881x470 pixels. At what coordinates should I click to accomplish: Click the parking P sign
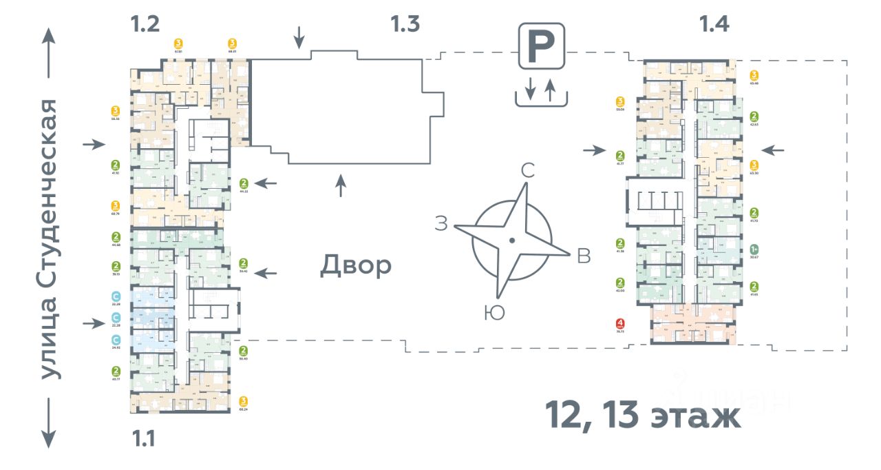[x=542, y=46]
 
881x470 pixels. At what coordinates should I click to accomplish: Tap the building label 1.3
[x=405, y=24]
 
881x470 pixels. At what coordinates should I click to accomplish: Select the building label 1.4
[x=714, y=24]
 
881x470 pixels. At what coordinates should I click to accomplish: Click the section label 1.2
[x=145, y=24]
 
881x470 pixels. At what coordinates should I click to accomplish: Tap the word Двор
[x=355, y=265]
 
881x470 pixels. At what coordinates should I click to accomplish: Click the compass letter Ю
[x=494, y=314]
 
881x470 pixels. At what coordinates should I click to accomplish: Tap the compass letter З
[x=441, y=223]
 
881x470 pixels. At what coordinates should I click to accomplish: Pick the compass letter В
[x=584, y=256]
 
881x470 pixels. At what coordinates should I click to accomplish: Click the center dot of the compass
[x=511, y=241]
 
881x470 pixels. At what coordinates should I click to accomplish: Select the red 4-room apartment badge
[x=621, y=323]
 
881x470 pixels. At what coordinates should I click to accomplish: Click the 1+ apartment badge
[x=754, y=249]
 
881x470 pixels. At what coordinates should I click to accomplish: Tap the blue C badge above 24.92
[x=116, y=339]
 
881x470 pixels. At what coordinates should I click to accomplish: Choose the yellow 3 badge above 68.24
[x=243, y=401]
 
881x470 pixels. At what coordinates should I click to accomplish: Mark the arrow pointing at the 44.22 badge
[x=268, y=184]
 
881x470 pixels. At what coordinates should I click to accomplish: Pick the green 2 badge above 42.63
[x=754, y=116]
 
